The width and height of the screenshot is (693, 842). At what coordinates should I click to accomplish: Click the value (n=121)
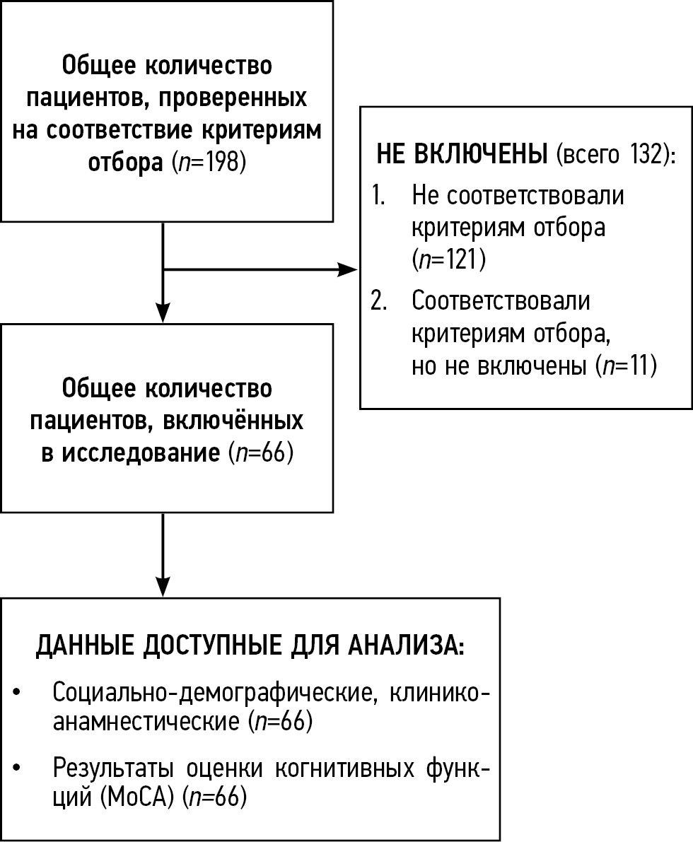pyautogui.click(x=448, y=260)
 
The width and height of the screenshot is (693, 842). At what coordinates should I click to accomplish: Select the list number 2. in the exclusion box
pyautogui.click(x=380, y=300)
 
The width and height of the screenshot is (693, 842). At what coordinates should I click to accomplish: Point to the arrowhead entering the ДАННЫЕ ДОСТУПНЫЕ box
pyautogui.click(x=163, y=587)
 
